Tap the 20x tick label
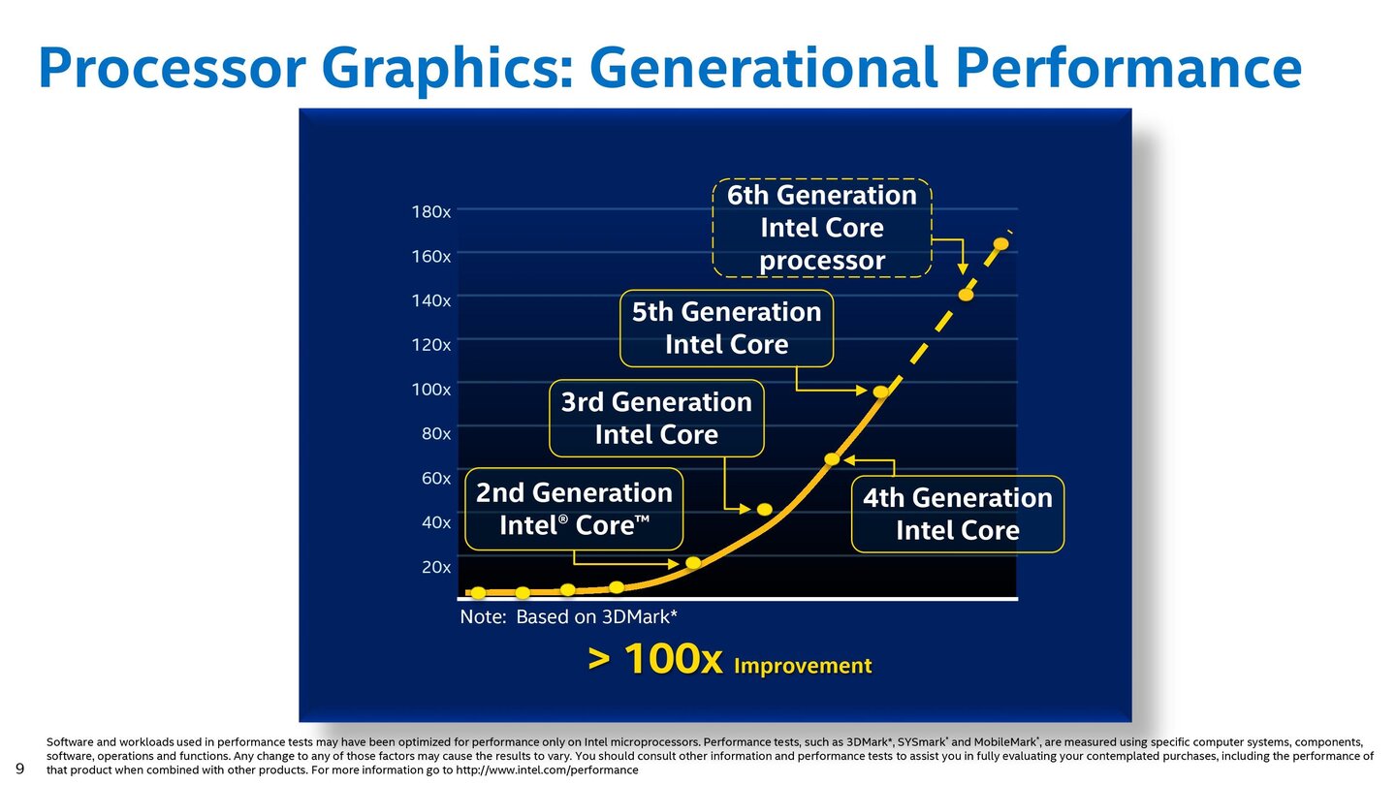click(436, 567)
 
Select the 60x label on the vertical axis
click(436, 478)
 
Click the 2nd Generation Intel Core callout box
click(574, 509)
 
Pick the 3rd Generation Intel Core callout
click(656, 419)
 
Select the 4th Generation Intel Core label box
click(957, 514)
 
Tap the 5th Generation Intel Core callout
click(726, 329)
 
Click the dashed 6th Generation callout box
click(821, 228)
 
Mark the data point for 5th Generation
click(880, 392)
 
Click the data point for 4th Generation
click(832, 459)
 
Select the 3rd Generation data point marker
click(764, 510)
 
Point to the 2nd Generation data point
click(693, 563)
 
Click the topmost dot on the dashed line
click(1000, 243)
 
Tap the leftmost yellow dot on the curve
click(478, 592)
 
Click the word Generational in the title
click(763, 68)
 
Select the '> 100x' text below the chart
click(655, 661)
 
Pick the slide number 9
click(20, 769)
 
